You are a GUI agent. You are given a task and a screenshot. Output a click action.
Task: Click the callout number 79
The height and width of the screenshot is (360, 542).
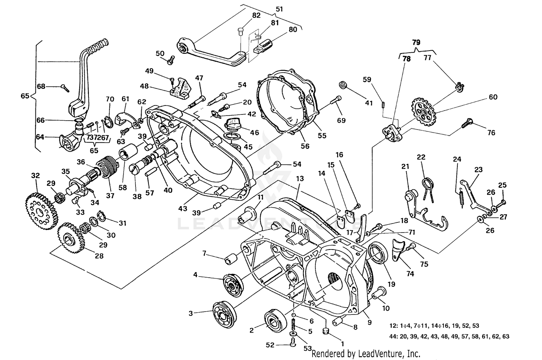(416, 42)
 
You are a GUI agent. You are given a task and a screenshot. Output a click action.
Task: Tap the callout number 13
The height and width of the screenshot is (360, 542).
(300, 179)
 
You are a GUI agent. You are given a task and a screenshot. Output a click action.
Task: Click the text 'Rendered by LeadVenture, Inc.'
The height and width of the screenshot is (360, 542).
(366, 353)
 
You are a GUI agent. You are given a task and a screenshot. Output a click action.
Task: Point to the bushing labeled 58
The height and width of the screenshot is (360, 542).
(129, 151)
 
